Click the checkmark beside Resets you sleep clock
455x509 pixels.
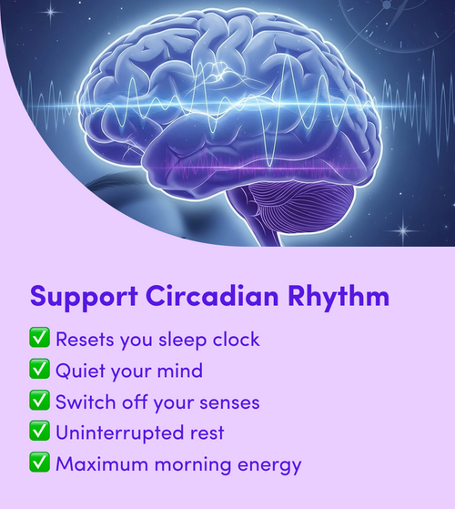pos(39,340)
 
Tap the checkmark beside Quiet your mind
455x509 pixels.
pos(39,371)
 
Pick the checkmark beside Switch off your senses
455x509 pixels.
pos(39,402)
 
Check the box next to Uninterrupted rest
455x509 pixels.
pos(39,433)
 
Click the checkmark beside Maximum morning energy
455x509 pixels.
pos(39,463)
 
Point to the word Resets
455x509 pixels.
pos(85,340)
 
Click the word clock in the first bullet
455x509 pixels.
pos(234,340)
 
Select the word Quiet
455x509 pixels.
pos(80,371)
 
